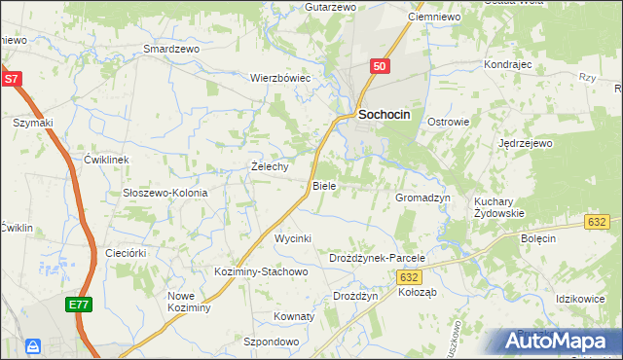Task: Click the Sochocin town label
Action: click(x=385, y=114)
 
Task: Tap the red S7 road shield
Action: click(x=12, y=79)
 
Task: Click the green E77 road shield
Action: click(x=80, y=306)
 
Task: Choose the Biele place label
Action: click(x=323, y=186)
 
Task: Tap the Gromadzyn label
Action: click(x=421, y=198)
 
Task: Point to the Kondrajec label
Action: click(x=506, y=64)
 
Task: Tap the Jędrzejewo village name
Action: click(x=525, y=143)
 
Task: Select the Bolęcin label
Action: click(x=537, y=238)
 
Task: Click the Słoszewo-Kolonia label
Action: click(x=165, y=193)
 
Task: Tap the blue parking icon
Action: click(x=33, y=346)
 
